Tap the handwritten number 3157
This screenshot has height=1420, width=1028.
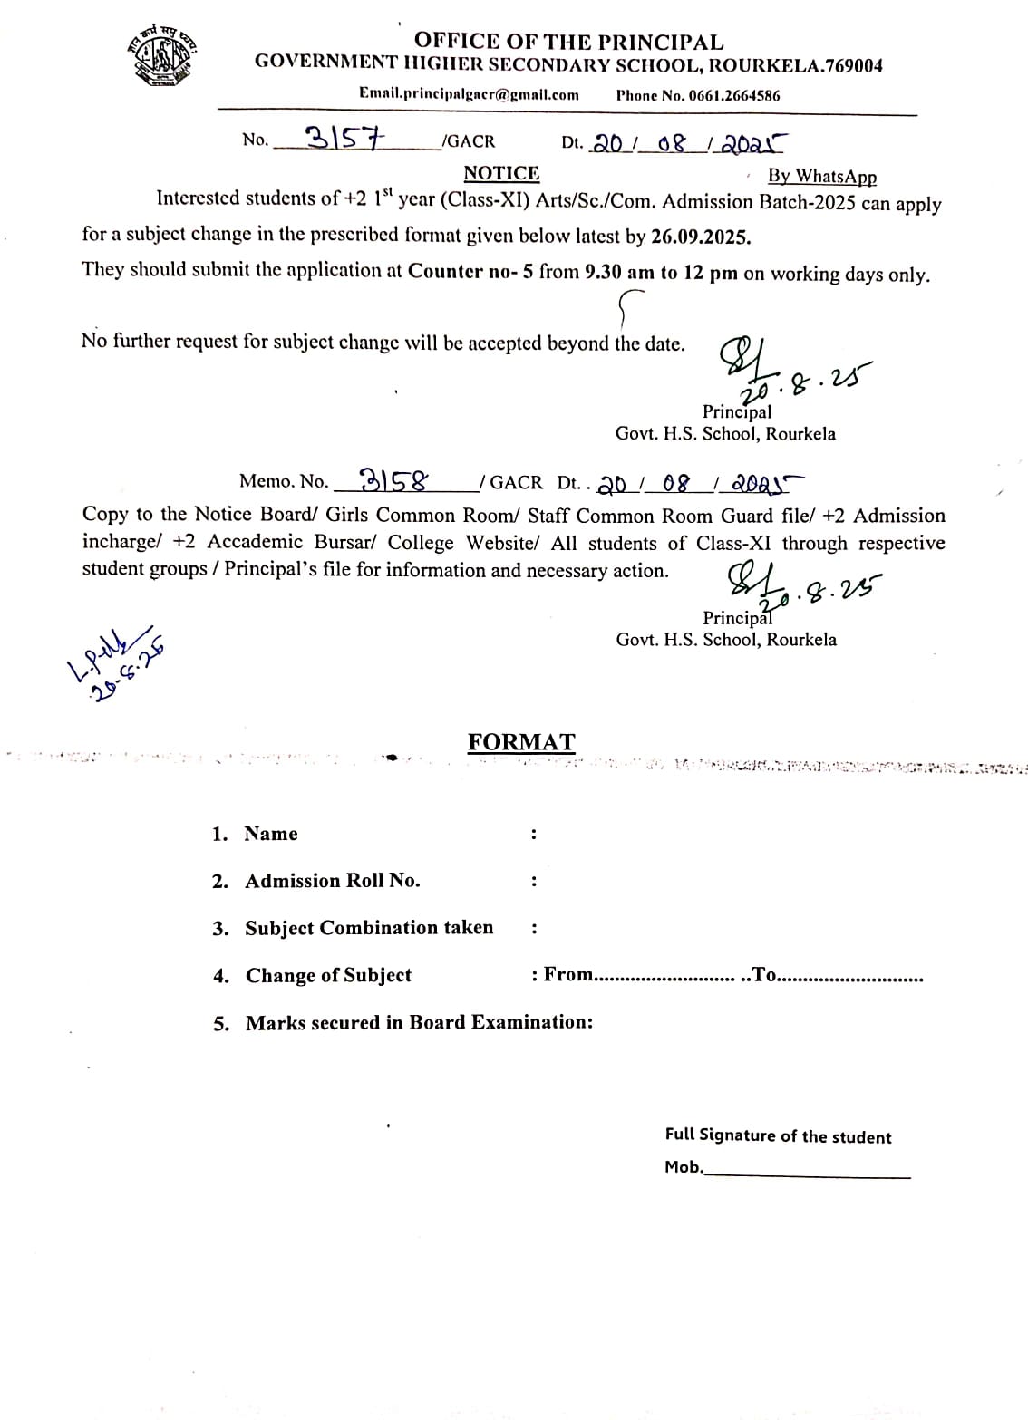(x=345, y=138)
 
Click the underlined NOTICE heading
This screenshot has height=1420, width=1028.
(x=501, y=173)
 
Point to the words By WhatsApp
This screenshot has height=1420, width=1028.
(x=821, y=177)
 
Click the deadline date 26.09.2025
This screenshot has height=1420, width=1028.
(x=700, y=237)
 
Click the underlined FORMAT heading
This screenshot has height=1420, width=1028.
(x=521, y=742)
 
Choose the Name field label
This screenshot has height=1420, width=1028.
(x=271, y=834)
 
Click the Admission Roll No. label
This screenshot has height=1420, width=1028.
(x=333, y=881)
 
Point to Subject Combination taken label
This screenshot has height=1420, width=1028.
(x=369, y=928)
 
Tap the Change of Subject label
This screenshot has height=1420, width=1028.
(x=328, y=975)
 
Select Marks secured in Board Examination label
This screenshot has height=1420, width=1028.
(x=419, y=1022)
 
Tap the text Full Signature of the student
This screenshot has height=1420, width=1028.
(x=778, y=1136)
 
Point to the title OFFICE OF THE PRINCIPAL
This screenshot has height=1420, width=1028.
(x=568, y=42)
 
